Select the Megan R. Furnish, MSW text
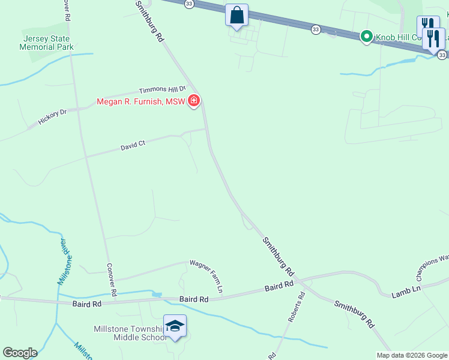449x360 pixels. point(141,101)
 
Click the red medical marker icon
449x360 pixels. point(193,101)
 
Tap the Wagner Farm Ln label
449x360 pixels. point(207,275)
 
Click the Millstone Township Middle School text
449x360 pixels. point(129,333)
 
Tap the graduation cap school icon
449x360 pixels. point(175,326)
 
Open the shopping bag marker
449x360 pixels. point(237,15)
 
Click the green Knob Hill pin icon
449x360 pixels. point(366,37)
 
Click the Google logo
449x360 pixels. point(20,353)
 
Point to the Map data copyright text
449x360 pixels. point(411,355)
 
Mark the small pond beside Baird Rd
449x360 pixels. point(157,295)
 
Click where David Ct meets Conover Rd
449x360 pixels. point(86,157)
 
